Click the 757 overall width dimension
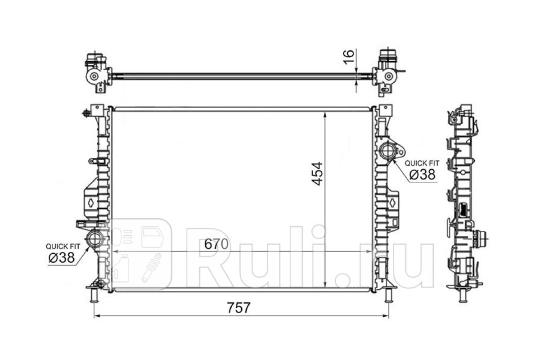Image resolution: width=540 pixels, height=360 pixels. pos(239,308)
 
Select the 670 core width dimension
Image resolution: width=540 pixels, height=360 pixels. pos(216,244)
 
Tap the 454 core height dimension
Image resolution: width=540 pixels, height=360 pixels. pos(317,174)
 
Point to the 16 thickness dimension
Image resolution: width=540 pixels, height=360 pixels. pos(349,57)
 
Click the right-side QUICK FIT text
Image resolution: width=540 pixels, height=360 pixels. pos(422,163)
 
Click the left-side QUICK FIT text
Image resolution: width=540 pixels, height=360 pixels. pos(63,247)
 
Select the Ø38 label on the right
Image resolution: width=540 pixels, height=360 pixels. pos(423,174)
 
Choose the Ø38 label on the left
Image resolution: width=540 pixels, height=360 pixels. pos(62,257)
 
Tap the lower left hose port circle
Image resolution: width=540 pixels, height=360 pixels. pos(95,238)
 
